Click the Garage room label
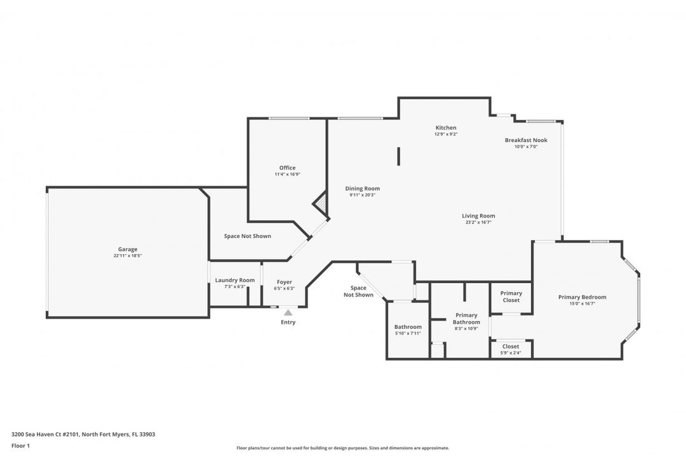pos(127,249)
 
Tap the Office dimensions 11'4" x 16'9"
pos(287,174)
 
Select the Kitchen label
pos(445,128)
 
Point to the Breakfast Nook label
pos(526,140)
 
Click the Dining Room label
pos(362,189)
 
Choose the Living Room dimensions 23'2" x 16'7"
pos(478,222)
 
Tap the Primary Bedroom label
pos(582,297)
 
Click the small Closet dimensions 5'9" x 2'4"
pos(511,353)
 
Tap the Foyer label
pos(285,282)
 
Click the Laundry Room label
pos(234,280)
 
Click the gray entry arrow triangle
pos(288,312)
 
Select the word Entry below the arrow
pos(288,322)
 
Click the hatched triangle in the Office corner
pos(321,205)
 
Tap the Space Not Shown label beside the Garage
pos(247,236)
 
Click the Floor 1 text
pos(20,446)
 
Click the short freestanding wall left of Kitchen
pos(399,156)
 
